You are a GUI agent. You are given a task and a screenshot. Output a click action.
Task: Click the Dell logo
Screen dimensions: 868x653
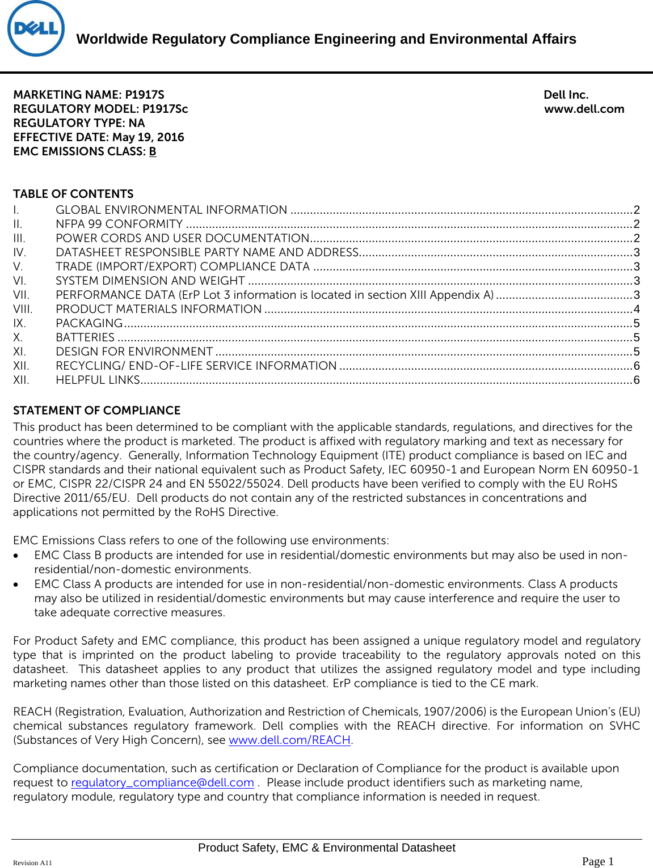36,29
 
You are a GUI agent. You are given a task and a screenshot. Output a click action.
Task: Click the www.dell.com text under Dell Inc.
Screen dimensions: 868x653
584,109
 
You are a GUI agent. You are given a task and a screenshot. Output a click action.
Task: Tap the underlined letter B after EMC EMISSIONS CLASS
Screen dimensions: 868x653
153,152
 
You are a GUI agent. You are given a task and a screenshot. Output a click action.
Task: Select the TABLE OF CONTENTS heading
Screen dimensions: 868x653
73,194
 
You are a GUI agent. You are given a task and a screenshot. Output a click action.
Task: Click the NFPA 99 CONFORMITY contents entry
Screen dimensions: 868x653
119,225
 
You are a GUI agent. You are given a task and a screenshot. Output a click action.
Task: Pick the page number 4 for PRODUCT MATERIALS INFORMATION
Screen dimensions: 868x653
637,310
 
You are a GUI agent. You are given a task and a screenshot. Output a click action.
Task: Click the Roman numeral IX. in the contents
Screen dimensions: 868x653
19,324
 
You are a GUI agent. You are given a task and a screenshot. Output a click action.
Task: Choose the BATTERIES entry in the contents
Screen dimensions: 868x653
85,338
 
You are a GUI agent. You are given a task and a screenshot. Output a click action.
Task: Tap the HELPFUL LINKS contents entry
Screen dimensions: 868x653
98,380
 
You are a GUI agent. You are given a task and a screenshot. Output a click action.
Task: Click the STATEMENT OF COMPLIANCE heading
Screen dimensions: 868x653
96,410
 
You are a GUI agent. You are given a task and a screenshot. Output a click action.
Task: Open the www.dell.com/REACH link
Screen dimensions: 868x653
289,740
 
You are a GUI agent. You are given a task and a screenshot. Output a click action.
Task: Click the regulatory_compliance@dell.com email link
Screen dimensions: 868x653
162,783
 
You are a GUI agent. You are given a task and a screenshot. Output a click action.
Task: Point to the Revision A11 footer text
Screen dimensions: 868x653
32,863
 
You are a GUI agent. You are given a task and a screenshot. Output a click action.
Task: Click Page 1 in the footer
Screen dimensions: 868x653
597,862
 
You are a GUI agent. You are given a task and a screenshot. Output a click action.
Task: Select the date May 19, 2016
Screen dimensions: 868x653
148,138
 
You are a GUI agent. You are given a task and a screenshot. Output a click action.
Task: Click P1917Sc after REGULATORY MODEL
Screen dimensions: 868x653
165,109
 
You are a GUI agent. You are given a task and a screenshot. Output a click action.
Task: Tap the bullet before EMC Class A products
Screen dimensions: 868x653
18,585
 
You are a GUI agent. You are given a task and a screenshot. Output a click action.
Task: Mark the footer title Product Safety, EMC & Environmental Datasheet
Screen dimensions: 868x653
326,848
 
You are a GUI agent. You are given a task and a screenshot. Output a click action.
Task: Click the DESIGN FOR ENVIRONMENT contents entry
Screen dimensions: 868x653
134,352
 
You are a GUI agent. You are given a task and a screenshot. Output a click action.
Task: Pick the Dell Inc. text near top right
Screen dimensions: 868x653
566,95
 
